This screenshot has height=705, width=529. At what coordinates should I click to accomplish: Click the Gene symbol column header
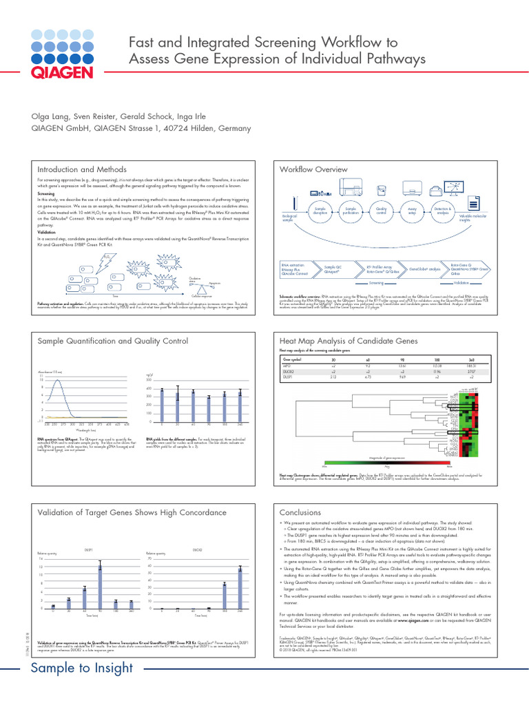point(292,358)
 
